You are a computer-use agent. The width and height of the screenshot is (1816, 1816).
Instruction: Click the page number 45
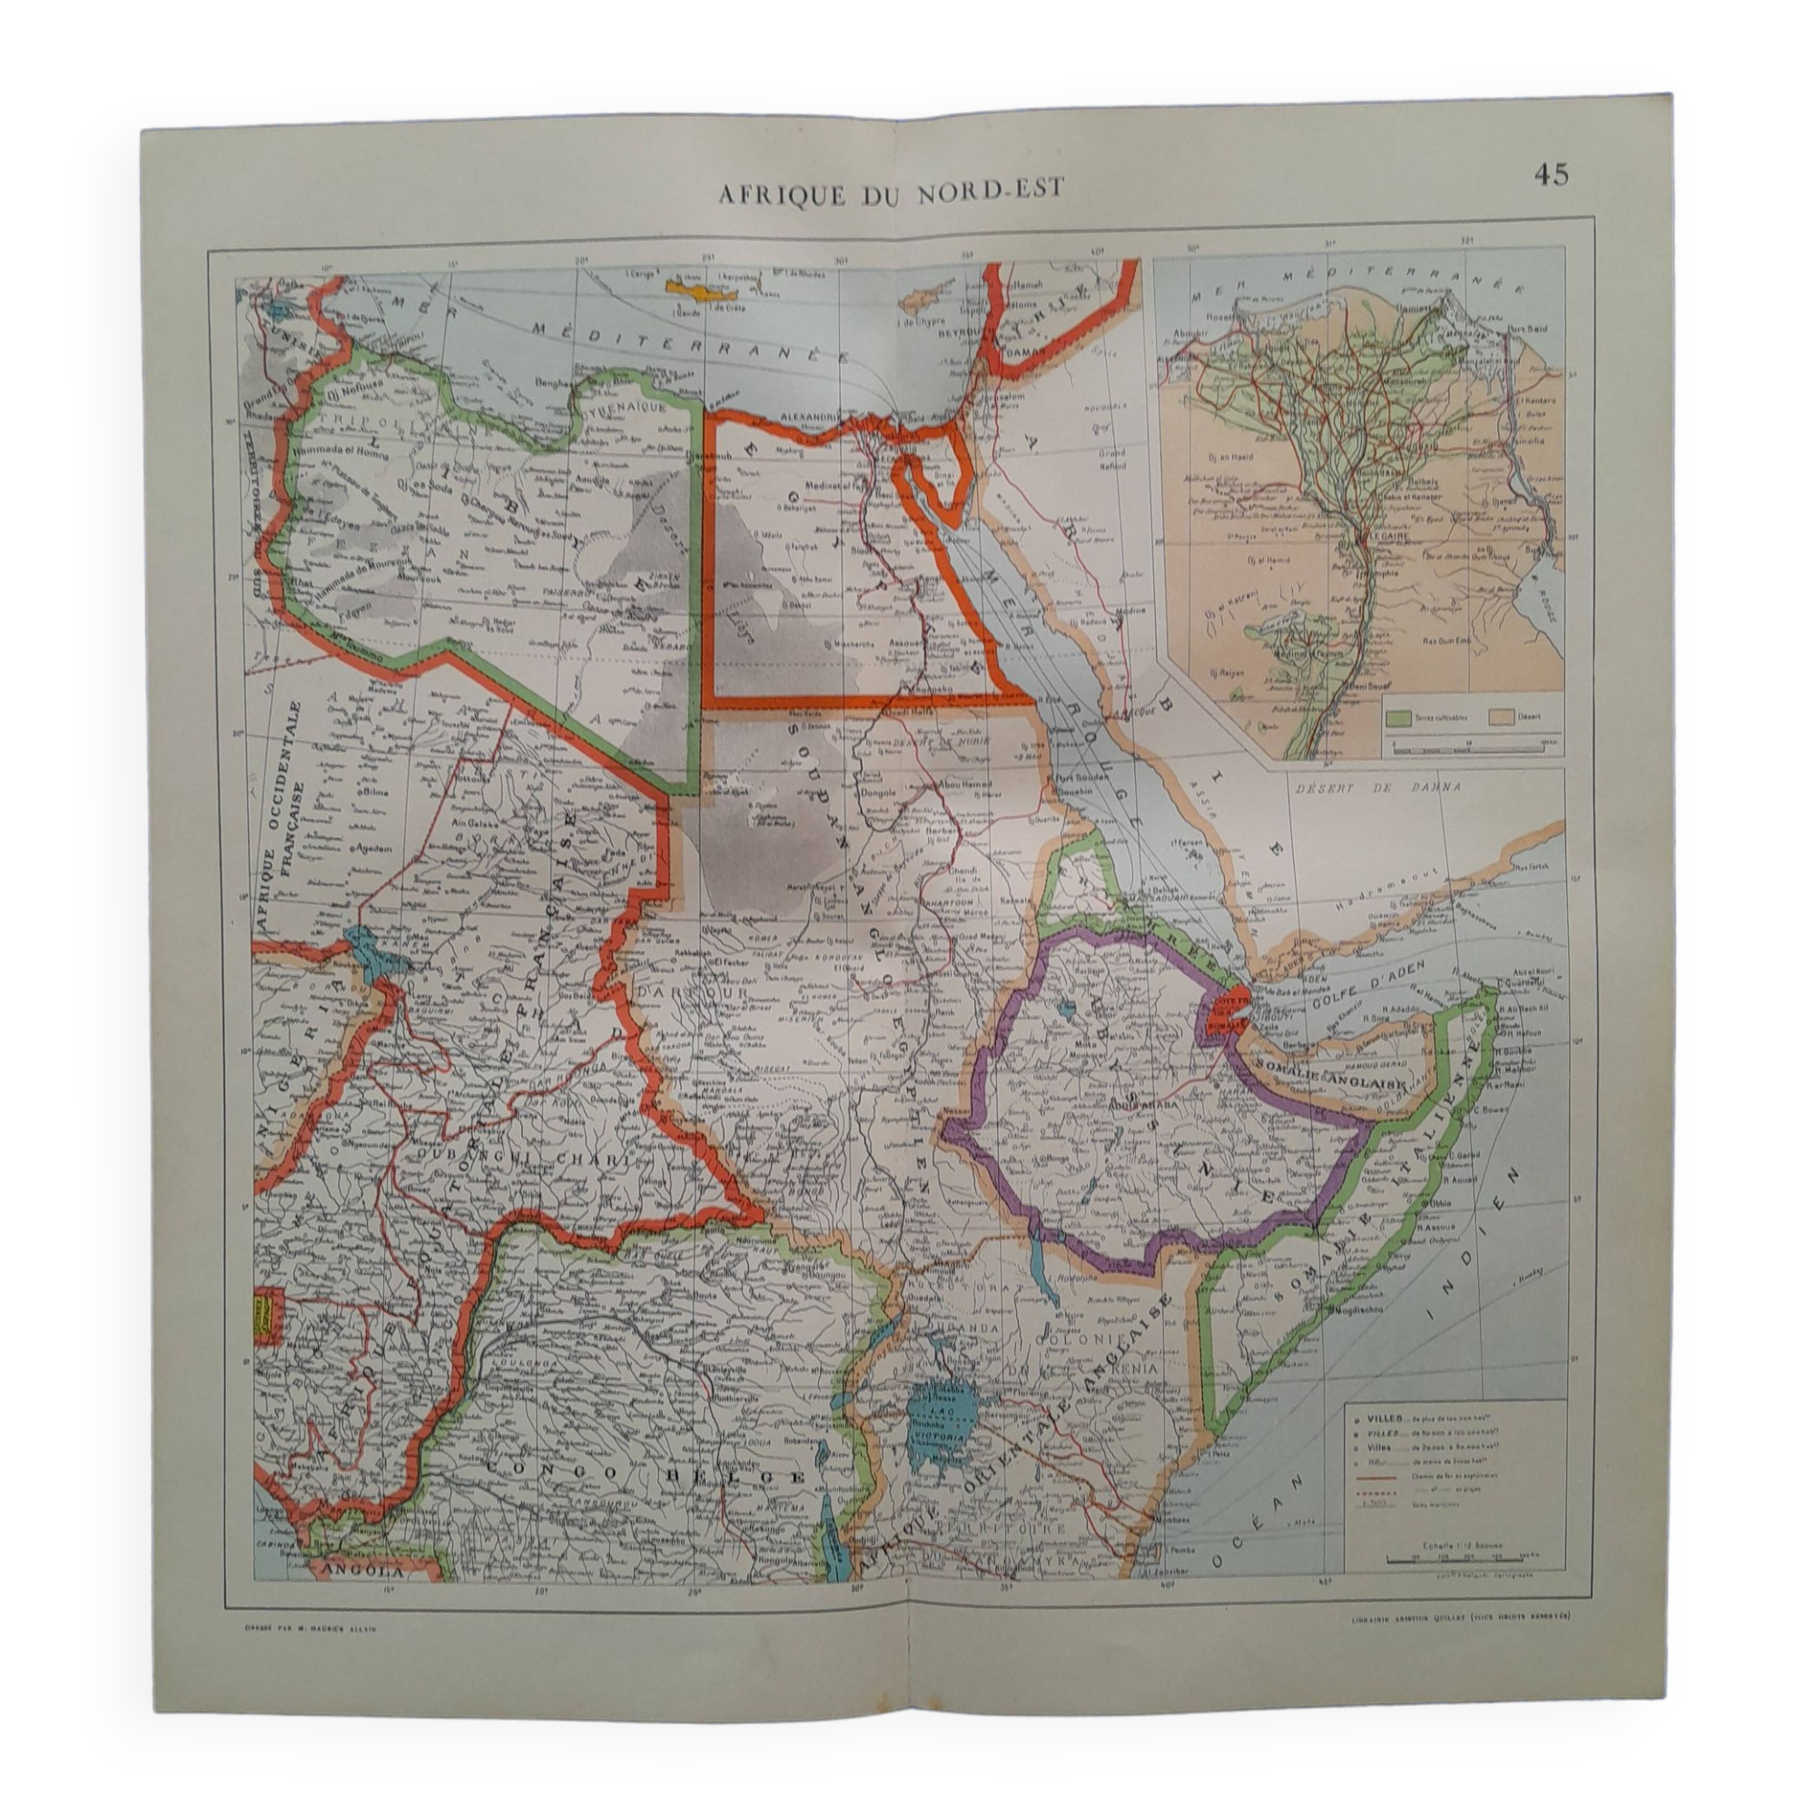click(x=1551, y=175)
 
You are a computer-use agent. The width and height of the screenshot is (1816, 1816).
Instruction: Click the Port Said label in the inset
click(x=1528, y=329)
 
